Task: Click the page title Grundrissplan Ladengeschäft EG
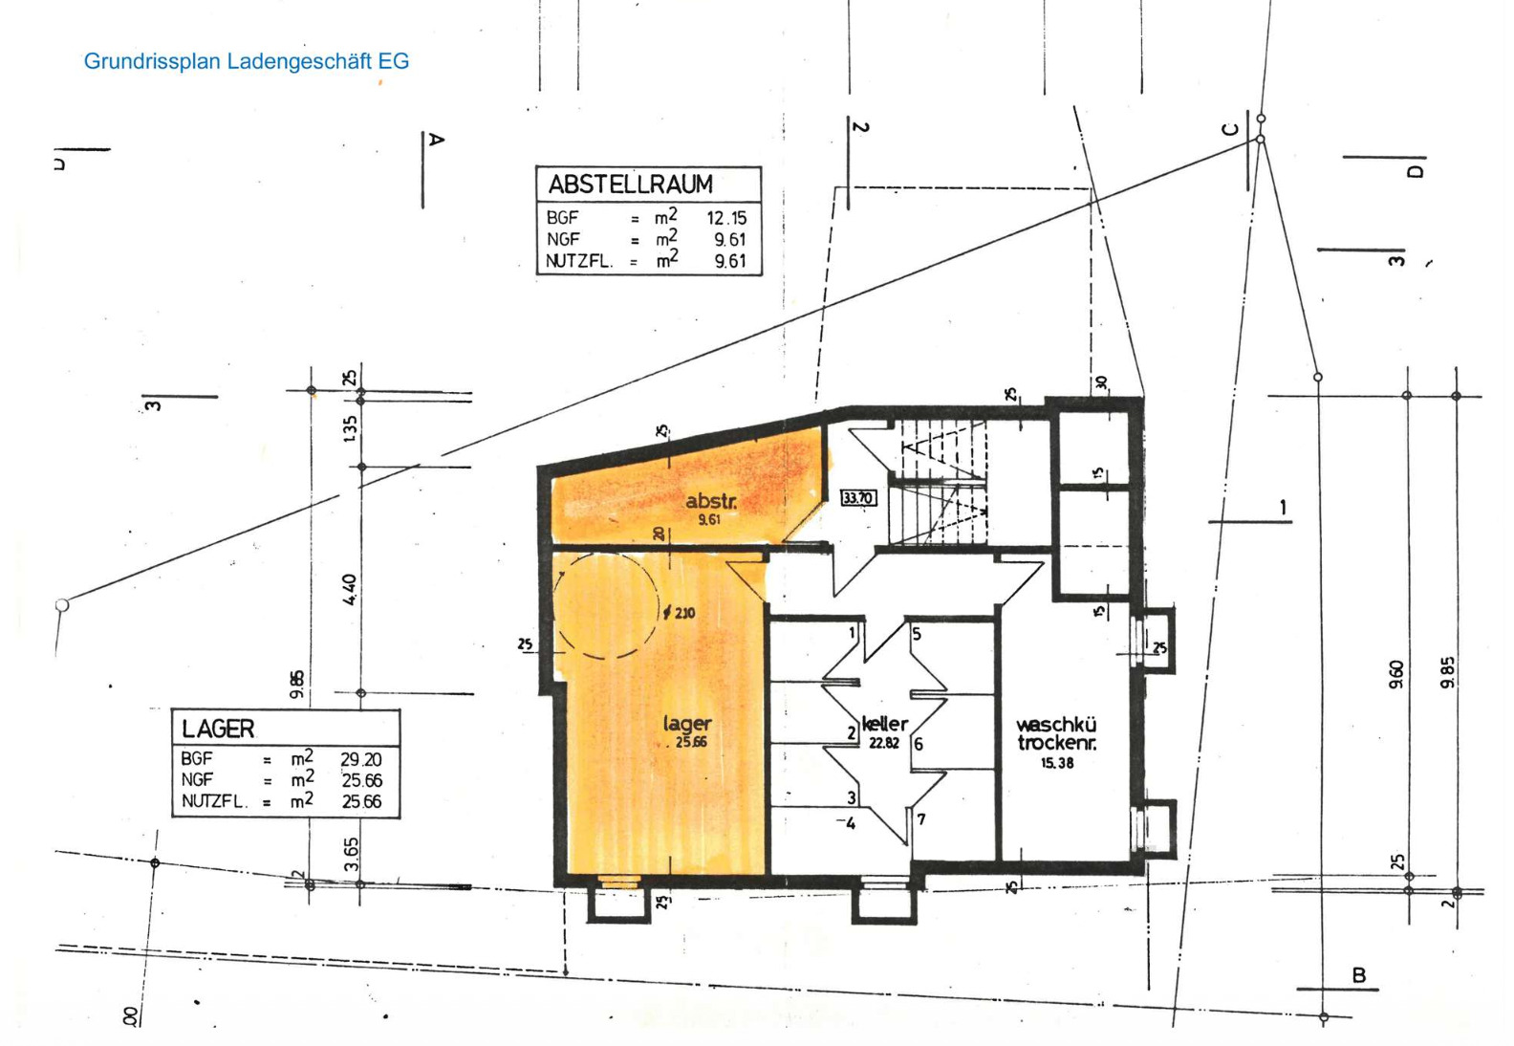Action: (x=247, y=61)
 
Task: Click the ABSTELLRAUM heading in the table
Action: (x=631, y=184)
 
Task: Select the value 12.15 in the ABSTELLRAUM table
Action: (x=726, y=218)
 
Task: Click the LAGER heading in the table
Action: (x=218, y=729)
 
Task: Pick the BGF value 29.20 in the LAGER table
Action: (x=360, y=760)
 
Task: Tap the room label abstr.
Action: (x=711, y=501)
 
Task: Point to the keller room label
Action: (x=885, y=724)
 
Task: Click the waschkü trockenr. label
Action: (x=1057, y=734)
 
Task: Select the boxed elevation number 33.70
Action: (x=858, y=497)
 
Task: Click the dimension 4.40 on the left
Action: (x=351, y=589)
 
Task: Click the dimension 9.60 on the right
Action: (x=1396, y=674)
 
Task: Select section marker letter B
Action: (x=1359, y=975)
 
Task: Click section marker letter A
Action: (x=436, y=140)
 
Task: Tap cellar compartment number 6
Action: (x=919, y=744)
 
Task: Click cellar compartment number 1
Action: (x=853, y=632)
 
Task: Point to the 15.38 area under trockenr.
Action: (x=1057, y=763)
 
